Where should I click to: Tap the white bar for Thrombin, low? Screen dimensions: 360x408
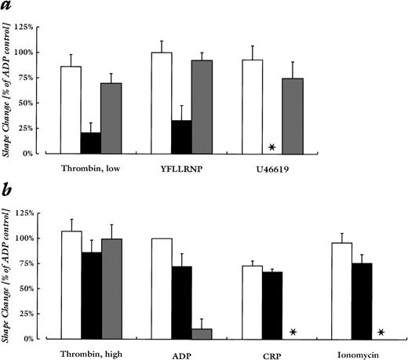pyautogui.click(x=71, y=110)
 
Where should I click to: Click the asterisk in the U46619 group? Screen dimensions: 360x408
pyautogui.click(x=271, y=147)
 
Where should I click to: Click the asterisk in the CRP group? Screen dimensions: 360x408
pyautogui.click(x=293, y=333)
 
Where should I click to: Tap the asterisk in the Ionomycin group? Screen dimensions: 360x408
pyautogui.click(x=381, y=333)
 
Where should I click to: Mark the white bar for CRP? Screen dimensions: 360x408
pyautogui.click(x=251, y=302)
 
